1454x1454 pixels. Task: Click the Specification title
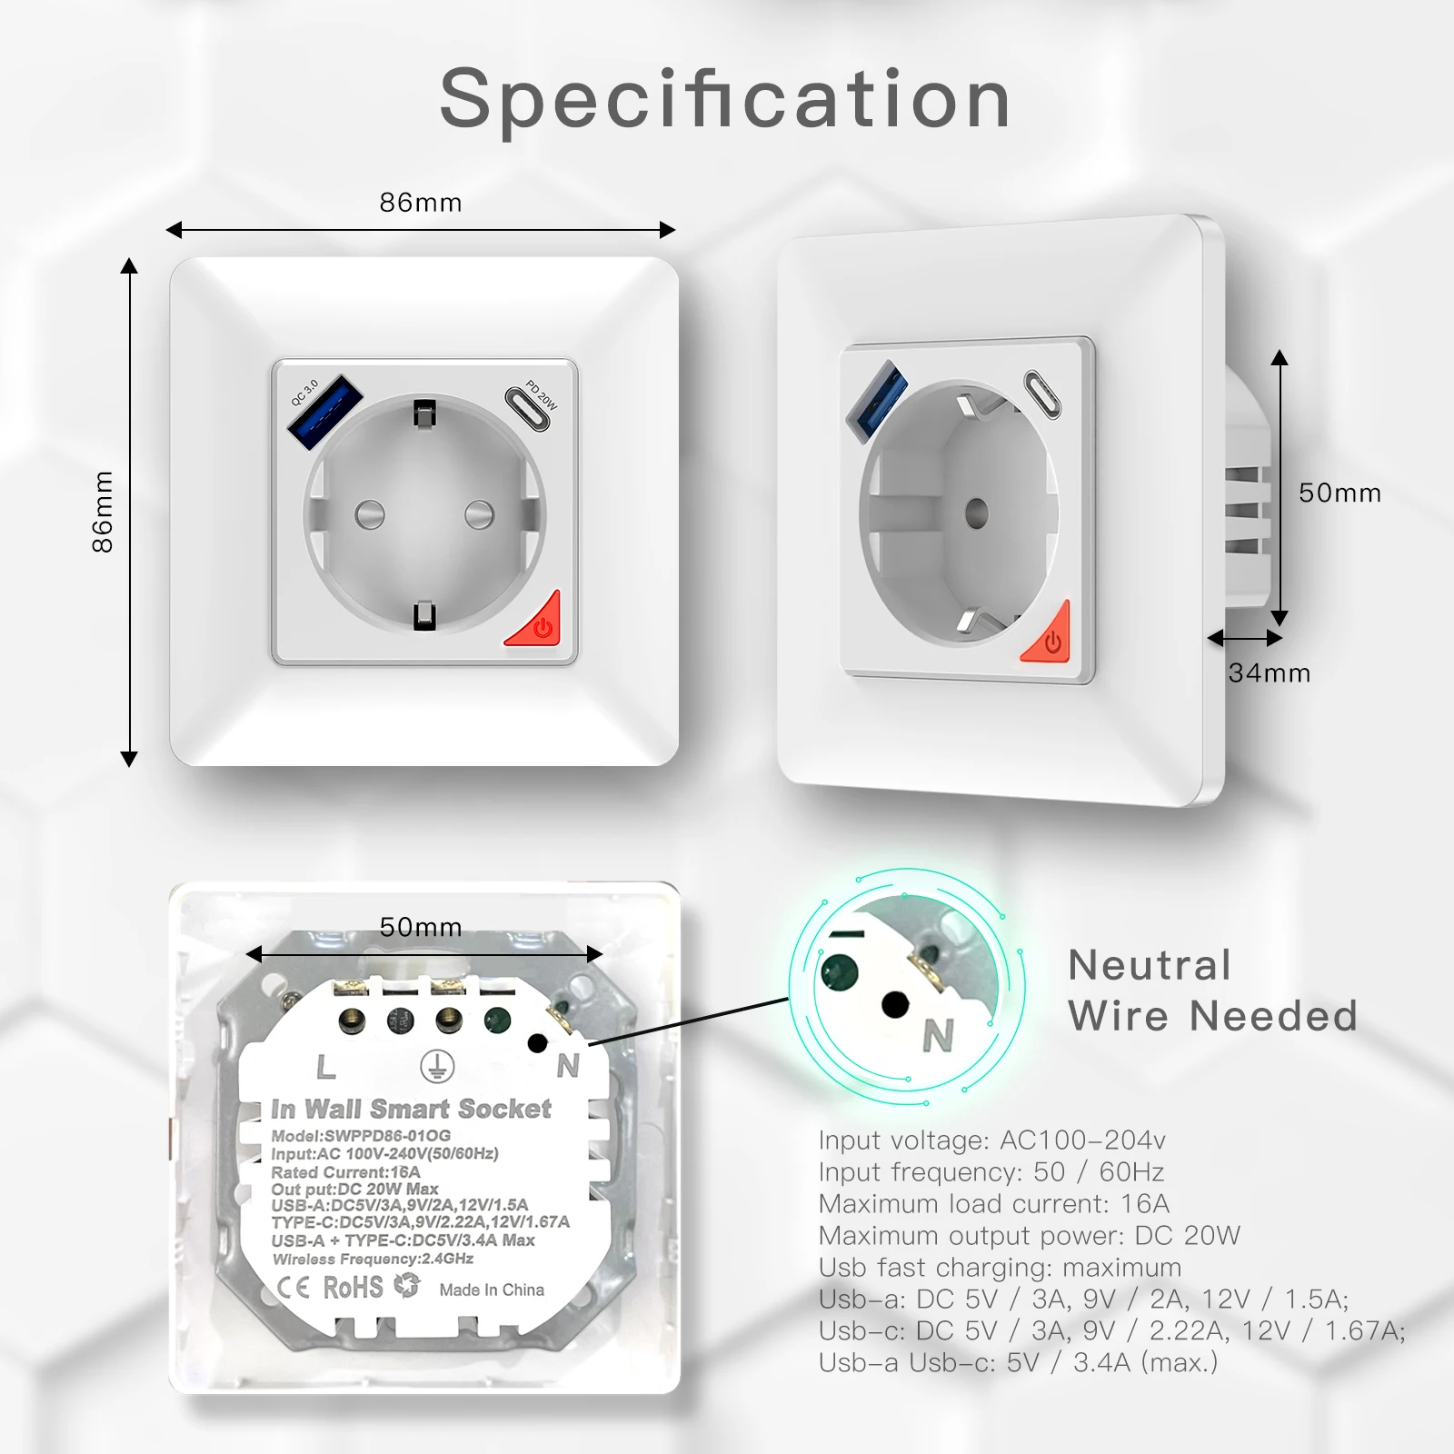click(725, 100)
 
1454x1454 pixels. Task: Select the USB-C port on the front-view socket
click(528, 408)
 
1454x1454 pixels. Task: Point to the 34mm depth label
click(1269, 673)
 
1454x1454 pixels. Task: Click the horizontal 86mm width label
click(420, 202)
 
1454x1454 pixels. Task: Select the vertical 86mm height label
click(103, 512)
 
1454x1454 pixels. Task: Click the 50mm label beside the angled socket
click(1339, 493)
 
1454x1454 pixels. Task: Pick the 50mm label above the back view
click(420, 927)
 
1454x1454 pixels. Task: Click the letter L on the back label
click(325, 1068)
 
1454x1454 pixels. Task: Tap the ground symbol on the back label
click(437, 1068)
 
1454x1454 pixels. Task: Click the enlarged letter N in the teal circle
click(938, 1035)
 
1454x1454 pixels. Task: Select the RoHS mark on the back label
click(353, 1287)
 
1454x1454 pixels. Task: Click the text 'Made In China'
click(492, 1290)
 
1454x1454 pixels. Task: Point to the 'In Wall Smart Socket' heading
click(411, 1109)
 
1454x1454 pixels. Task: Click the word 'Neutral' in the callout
click(1150, 965)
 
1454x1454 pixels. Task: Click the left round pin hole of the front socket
click(369, 515)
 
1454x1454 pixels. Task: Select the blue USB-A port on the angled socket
click(876, 398)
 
